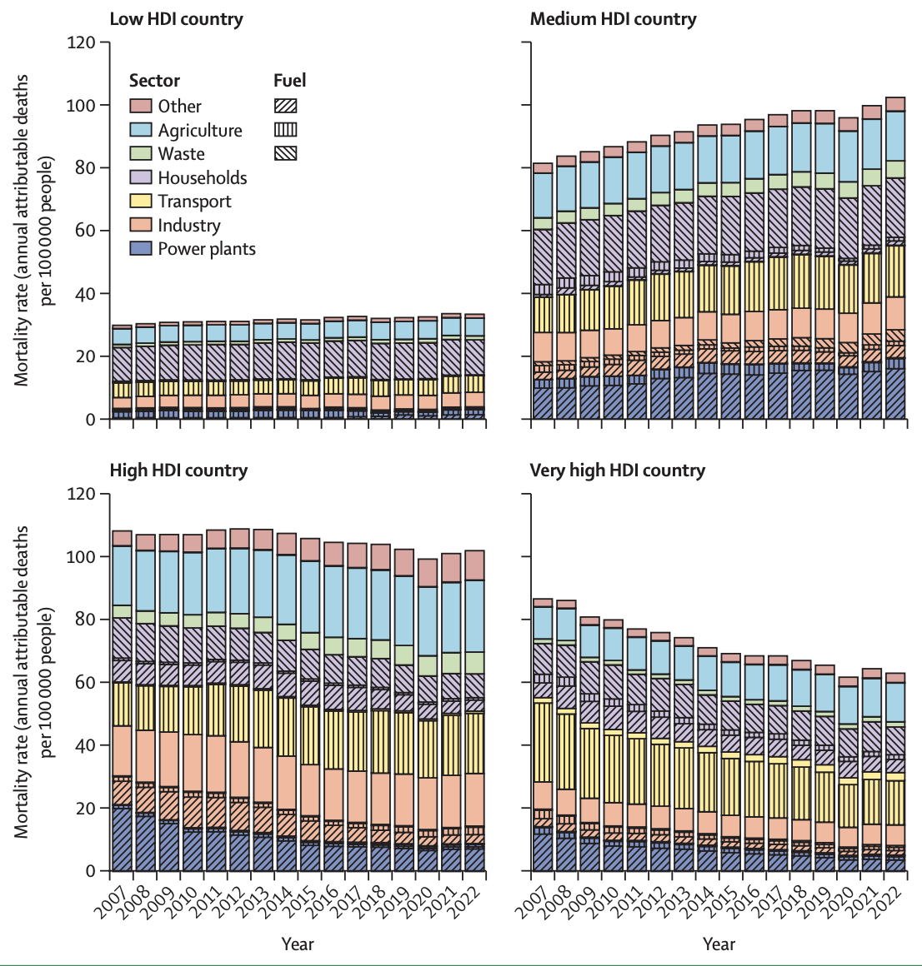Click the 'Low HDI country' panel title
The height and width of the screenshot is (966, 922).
pos(176,18)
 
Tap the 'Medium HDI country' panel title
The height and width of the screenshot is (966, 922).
pos(613,18)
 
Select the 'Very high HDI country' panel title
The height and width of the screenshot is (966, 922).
pos(617,471)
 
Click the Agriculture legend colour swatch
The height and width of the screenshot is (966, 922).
pos(141,130)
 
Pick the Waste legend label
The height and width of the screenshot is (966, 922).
pos(181,154)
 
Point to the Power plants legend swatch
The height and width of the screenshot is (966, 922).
pos(141,248)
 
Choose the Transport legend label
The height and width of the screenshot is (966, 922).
pos(194,202)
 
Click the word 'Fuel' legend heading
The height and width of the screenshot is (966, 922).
pos(289,81)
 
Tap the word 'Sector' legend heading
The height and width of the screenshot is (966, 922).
pos(154,81)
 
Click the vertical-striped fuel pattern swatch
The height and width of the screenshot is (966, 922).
pos(285,130)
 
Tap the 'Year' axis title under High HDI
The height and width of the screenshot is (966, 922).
pos(297,944)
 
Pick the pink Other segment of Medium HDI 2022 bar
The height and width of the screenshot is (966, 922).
pos(894,104)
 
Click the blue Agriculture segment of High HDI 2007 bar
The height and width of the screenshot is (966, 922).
pos(122,575)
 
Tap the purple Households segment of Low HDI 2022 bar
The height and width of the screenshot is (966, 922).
pos(474,357)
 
